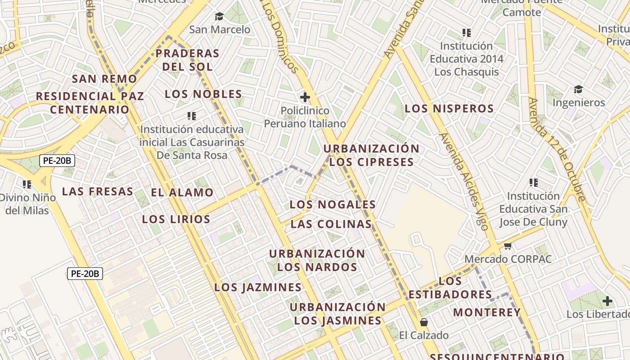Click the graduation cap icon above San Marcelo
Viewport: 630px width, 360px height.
[219, 17]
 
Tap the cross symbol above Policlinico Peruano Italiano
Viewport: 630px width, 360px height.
[305, 97]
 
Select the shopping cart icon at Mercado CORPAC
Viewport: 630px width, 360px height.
[508, 246]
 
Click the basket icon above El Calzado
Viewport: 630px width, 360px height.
[423, 322]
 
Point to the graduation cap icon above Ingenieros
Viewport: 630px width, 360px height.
[578, 89]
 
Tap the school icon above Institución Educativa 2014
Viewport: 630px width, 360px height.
[466, 33]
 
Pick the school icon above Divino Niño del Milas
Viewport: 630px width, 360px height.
[27, 184]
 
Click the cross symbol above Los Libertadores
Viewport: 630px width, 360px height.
[607, 301]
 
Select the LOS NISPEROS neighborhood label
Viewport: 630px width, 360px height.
[449, 108]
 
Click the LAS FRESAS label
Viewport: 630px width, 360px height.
[98, 191]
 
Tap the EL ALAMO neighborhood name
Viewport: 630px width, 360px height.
[182, 193]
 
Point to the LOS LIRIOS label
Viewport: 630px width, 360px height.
[176, 219]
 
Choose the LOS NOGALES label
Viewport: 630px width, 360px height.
[333, 204]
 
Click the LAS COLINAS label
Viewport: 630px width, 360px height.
[331, 224]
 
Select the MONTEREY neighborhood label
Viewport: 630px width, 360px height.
[486, 312]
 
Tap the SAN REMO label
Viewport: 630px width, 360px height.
[104, 79]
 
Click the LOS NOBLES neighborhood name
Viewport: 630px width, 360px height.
[203, 94]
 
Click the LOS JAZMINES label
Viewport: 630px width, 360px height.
[258, 287]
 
